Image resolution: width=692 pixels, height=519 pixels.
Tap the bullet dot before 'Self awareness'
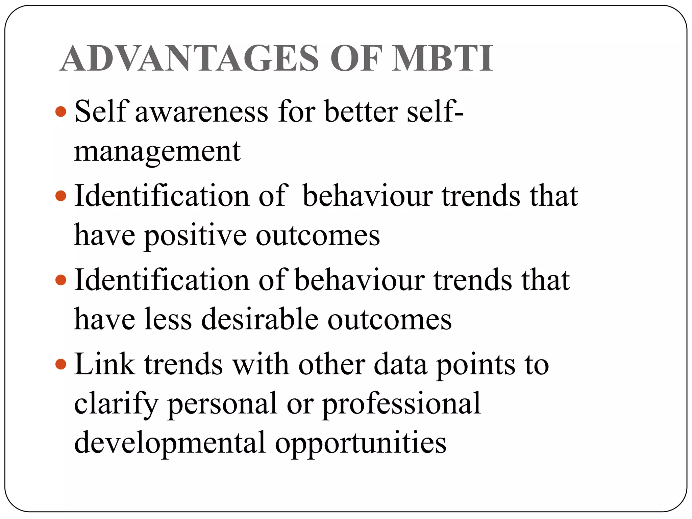61,111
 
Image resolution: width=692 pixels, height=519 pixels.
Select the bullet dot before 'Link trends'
61,364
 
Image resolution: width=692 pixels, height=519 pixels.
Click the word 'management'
157,152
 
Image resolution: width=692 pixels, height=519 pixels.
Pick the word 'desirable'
260,319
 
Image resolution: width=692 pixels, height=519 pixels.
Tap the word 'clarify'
116,404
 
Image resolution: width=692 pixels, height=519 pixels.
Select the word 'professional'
401,404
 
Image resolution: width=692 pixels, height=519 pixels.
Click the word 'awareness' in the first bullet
201,112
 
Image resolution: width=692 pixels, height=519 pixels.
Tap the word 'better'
361,111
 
